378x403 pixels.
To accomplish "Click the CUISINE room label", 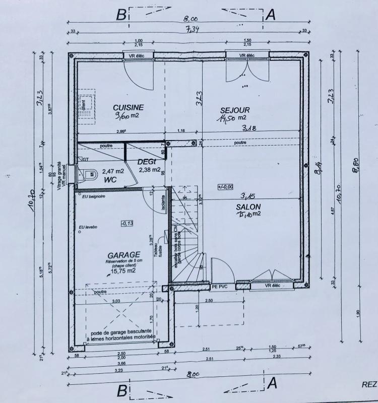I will coord(128,107).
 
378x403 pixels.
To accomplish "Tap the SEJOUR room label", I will coord(234,110).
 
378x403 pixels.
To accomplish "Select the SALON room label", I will coord(248,207).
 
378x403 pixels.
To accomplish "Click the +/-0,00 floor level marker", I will coord(225,187).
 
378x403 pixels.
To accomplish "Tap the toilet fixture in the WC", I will coord(89,174).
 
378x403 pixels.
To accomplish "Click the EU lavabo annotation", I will coord(88,228).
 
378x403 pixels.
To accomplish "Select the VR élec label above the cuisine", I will coord(138,55).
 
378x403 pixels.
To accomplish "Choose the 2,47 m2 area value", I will coord(113,171).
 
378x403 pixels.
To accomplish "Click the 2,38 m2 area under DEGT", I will coord(149,169).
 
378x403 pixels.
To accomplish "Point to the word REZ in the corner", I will coord(369,384).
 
